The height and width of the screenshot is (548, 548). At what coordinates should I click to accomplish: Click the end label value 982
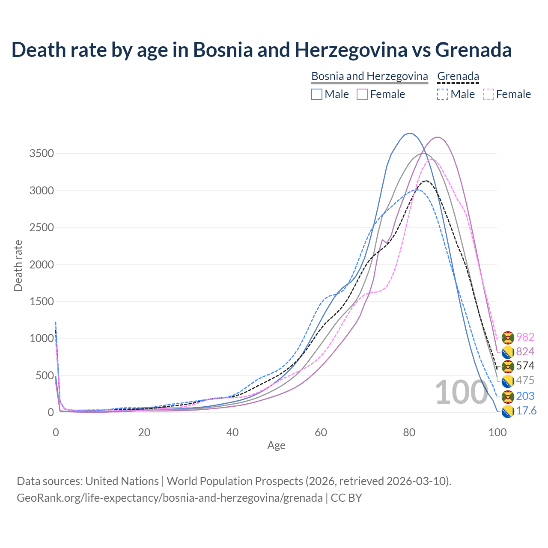coord(525,337)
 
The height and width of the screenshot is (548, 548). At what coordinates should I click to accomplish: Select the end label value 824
coord(525,352)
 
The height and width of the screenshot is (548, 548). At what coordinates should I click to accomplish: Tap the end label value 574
coord(525,366)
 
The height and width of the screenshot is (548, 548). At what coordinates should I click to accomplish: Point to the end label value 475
coord(525,381)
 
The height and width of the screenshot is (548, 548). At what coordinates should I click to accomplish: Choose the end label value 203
coord(525,396)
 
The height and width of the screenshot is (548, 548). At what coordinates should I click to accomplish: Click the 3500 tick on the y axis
coord(42,154)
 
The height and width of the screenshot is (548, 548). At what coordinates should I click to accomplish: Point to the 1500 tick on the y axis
coord(42,302)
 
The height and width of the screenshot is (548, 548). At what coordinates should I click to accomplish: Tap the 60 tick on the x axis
coord(321,432)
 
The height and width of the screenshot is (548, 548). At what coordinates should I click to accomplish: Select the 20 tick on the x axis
coord(144,432)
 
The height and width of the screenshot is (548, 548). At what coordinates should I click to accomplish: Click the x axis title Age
coord(276,446)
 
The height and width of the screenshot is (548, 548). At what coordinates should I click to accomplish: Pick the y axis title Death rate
coord(18,266)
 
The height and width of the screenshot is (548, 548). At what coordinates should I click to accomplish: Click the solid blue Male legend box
coord(317,94)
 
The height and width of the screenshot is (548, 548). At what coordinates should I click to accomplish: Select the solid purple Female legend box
coord(362,94)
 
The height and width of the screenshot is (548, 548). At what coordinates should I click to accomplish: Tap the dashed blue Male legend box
coord(443,94)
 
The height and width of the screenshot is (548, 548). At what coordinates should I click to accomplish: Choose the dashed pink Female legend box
coord(488,94)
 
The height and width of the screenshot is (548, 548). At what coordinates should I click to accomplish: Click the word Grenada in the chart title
coord(474,50)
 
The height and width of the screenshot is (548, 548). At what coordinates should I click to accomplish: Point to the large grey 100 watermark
coord(461,392)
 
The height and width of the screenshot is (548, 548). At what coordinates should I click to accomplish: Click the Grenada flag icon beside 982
coord(508,337)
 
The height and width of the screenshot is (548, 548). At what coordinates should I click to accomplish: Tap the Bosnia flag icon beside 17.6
coord(507,411)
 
